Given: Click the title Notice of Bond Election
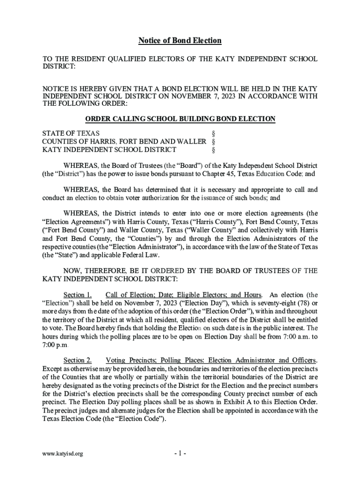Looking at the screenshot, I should tap(180, 41).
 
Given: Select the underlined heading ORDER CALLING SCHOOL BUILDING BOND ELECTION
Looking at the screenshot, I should tap(180, 119).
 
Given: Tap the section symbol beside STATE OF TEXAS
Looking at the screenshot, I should tap(214, 133).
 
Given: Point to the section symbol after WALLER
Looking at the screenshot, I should tap(214, 141).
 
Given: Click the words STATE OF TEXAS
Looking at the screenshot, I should tap(71, 133).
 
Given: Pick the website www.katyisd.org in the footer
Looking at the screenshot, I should tap(63, 454).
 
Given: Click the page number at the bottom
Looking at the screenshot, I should tap(180, 453).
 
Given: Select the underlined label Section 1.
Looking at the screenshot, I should tap(78, 295).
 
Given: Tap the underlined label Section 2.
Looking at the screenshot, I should tap(78, 360).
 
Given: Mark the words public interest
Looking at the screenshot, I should tap(290, 328).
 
